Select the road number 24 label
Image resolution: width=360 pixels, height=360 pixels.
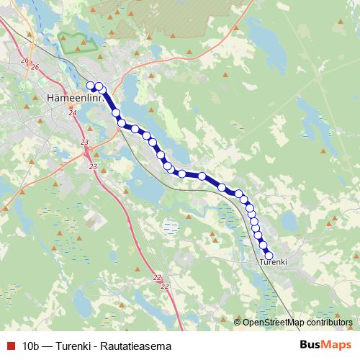(72, 113)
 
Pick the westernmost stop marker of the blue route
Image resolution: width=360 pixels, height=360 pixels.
(91, 86)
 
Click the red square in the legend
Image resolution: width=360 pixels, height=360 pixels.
(9, 346)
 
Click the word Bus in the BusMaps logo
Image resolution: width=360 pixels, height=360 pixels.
(310, 345)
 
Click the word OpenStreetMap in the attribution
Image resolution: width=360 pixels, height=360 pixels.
(274, 322)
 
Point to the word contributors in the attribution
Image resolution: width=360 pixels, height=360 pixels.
(329, 322)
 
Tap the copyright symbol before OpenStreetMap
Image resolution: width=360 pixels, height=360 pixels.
(238, 322)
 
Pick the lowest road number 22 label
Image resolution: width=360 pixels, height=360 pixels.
(165, 286)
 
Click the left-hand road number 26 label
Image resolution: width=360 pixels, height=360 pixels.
(24, 60)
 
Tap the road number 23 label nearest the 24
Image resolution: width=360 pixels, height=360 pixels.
(85, 142)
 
